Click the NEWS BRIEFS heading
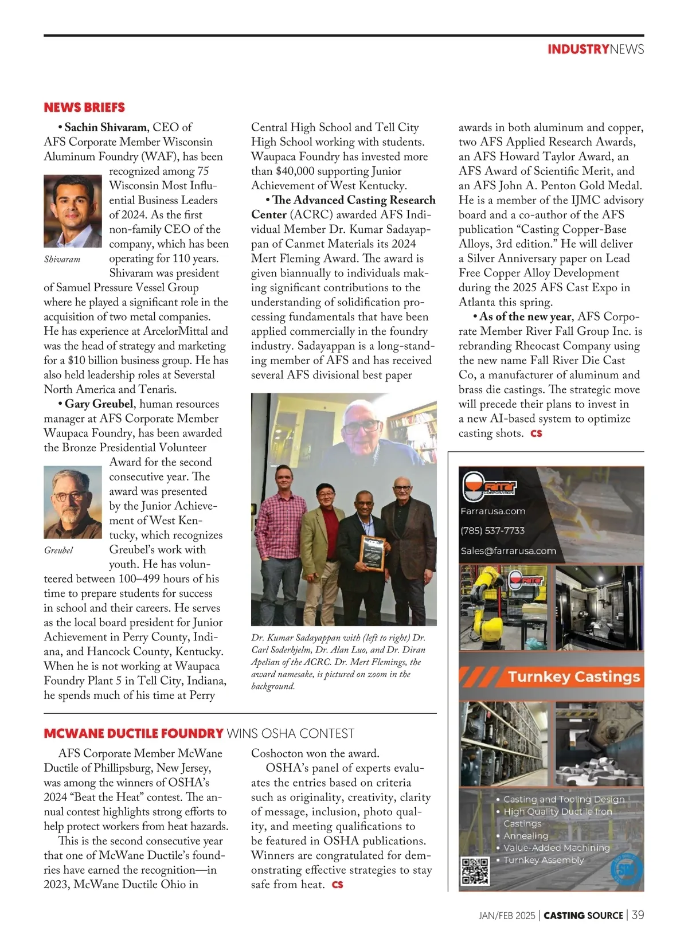tap(84, 107)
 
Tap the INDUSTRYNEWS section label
tap(595, 49)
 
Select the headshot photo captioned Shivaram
tap(72, 211)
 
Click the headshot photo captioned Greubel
tap(72, 503)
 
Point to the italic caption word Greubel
tap(58, 550)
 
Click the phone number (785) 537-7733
tap(492, 531)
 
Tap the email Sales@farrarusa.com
tap(508, 551)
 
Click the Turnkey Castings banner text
tap(573, 677)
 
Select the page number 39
tap(638, 915)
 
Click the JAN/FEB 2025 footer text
tap(506, 916)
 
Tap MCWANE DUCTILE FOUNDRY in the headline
tap(134, 733)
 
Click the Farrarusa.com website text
tap(492, 511)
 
